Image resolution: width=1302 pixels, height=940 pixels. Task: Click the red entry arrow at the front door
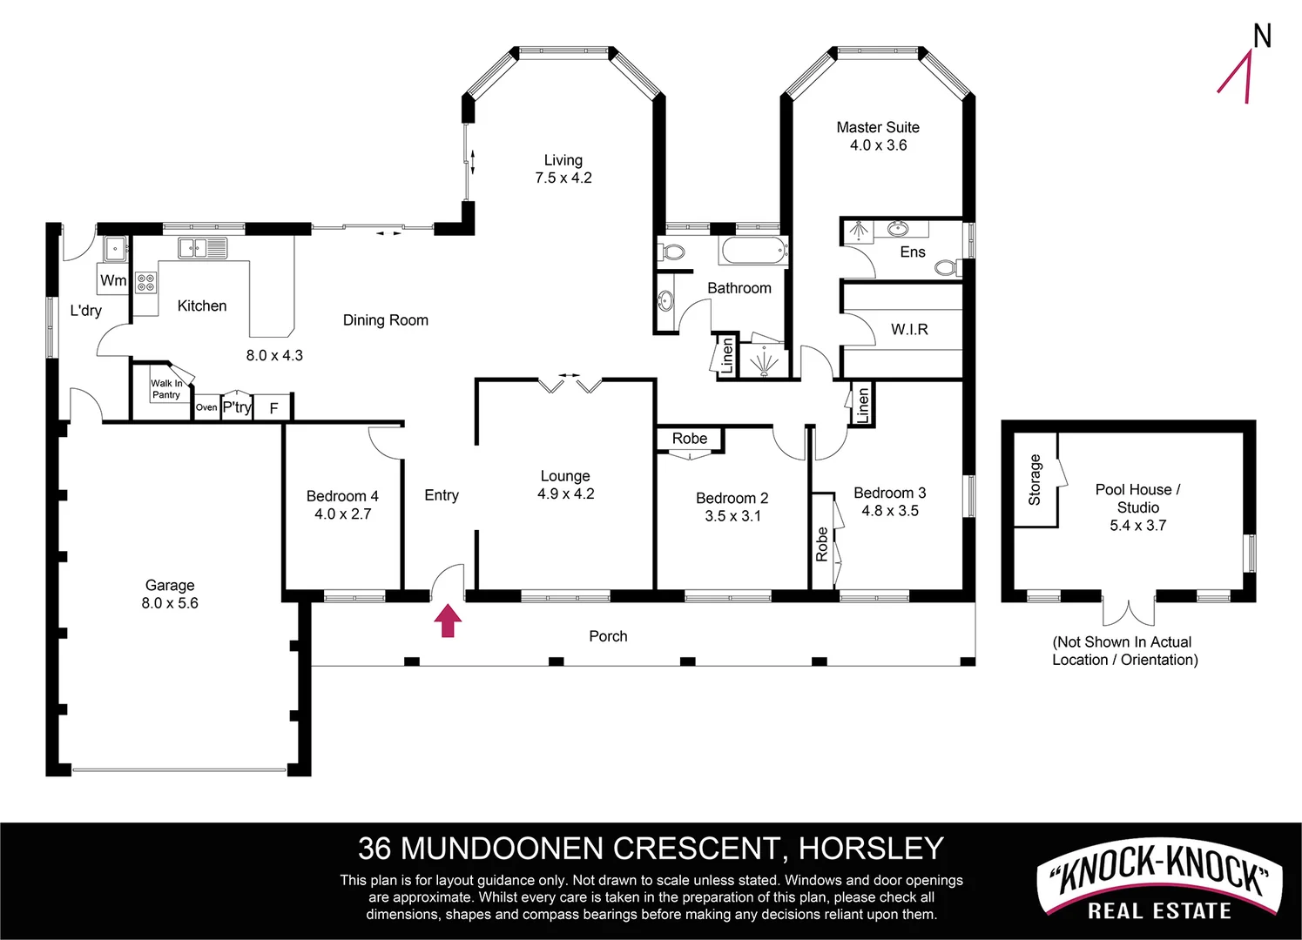(448, 621)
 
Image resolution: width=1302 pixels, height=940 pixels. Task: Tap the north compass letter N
(1262, 37)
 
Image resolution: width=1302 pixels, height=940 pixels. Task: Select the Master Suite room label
(878, 127)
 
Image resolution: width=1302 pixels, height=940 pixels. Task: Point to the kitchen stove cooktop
(145, 282)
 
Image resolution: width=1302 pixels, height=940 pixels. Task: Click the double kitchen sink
(202, 248)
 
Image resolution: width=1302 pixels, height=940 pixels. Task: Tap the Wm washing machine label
(113, 280)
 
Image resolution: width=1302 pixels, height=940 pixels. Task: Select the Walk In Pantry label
(166, 389)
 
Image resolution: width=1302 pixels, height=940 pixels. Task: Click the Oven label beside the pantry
(206, 407)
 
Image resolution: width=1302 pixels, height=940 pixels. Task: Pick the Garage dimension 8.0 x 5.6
(170, 603)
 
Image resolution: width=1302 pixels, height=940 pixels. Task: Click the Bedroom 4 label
(342, 496)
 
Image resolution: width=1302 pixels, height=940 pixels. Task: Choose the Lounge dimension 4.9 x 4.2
(565, 494)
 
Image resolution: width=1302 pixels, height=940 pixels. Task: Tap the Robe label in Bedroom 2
(690, 439)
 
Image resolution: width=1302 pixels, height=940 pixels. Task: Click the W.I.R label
(909, 330)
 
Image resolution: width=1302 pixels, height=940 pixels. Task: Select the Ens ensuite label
(913, 252)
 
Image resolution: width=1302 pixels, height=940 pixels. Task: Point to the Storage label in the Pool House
(1035, 480)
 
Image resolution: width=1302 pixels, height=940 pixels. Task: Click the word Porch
(608, 636)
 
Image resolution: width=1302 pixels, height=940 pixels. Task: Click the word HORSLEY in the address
(871, 848)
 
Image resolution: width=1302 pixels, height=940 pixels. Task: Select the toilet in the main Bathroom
(672, 252)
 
